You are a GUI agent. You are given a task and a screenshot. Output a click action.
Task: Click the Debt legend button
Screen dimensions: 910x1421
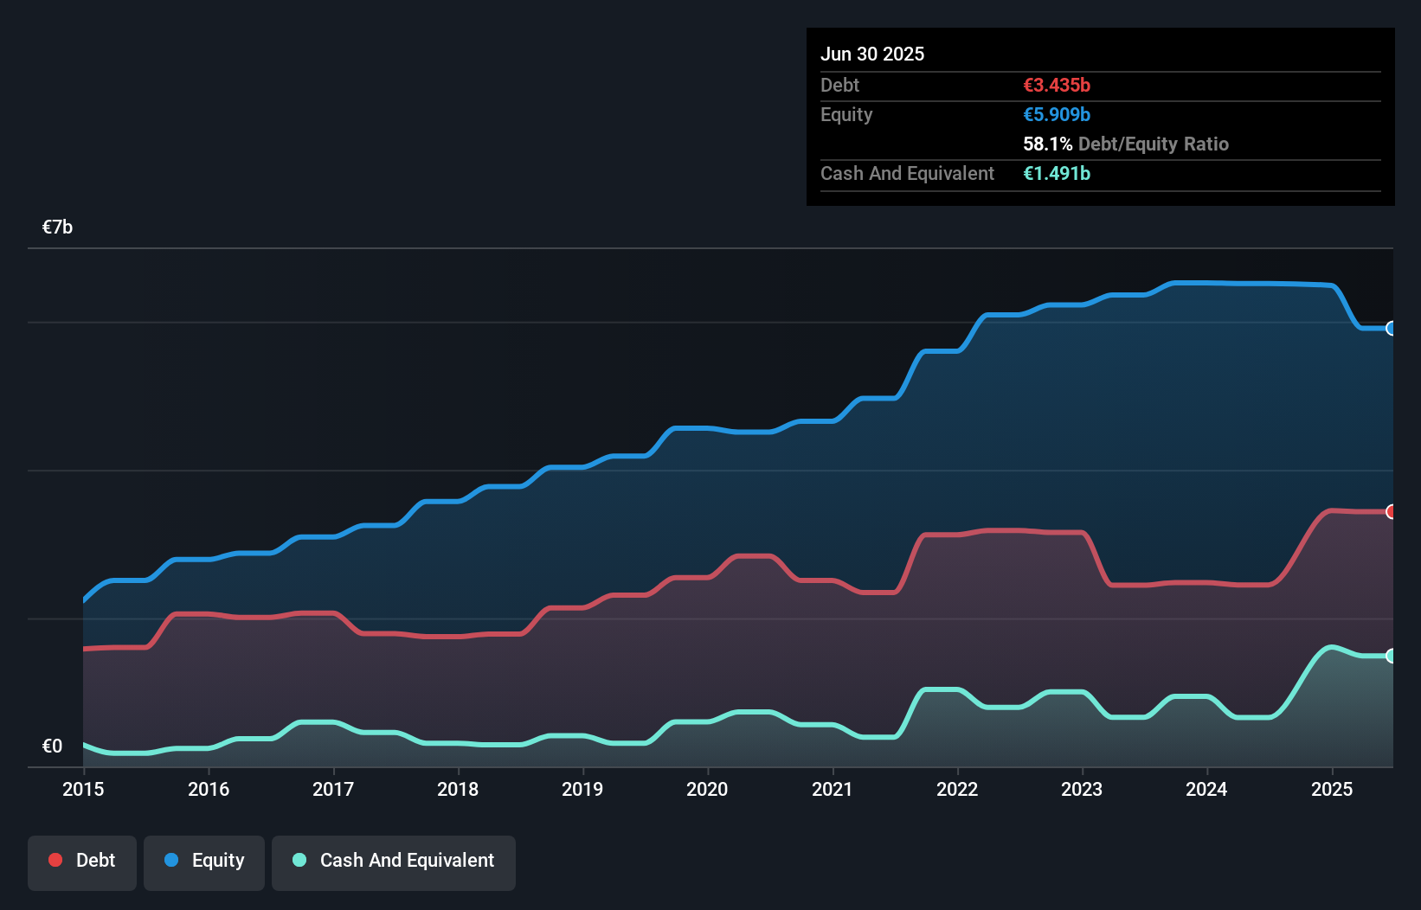pyautogui.click(x=82, y=861)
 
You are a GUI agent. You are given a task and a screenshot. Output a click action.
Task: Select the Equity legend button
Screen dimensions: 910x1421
pyautogui.click(x=204, y=861)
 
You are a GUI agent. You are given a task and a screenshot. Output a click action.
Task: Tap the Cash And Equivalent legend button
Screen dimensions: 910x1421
pyautogui.click(x=394, y=861)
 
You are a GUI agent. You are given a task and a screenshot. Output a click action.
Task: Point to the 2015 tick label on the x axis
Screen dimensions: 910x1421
pyautogui.click(x=83, y=789)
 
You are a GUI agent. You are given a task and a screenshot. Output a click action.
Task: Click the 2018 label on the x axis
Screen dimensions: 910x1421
pyautogui.click(x=458, y=789)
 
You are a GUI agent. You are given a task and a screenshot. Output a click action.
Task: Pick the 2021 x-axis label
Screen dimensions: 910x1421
pyautogui.click(x=832, y=789)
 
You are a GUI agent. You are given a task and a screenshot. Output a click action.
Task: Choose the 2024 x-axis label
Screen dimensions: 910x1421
pyautogui.click(x=1206, y=789)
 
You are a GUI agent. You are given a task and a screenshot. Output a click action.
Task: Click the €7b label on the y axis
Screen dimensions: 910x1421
pyautogui.click(x=58, y=227)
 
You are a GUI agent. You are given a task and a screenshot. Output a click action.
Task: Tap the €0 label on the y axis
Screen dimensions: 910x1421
pyautogui.click(x=53, y=746)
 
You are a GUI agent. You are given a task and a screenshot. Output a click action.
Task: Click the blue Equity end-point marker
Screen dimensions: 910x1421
pyautogui.click(x=1391, y=329)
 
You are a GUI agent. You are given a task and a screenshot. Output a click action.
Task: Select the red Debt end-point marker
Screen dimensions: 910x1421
pyautogui.click(x=1391, y=512)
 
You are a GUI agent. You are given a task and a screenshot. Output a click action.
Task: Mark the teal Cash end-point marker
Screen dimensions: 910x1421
pyautogui.click(x=1391, y=656)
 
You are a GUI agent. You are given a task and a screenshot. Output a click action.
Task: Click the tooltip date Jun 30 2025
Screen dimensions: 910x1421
pyautogui.click(x=872, y=54)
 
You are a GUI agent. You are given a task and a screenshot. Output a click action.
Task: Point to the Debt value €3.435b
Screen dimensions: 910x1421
pyautogui.click(x=1057, y=86)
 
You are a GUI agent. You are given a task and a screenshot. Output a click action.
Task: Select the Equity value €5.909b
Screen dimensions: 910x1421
pyautogui.click(x=1057, y=115)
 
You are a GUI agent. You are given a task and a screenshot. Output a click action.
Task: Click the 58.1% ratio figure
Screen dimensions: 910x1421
pyautogui.click(x=1047, y=144)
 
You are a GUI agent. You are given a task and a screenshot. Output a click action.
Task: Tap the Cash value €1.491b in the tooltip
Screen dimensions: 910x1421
pyautogui.click(x=1057, y=174)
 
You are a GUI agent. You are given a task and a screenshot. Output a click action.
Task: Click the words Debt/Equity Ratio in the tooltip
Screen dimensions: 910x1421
pyautogui.click(x=1154, y=144)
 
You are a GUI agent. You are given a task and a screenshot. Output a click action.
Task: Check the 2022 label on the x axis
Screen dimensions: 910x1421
pyautogui.click(x=957, y=789)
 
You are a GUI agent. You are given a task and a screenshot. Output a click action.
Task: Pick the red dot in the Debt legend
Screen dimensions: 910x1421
pyautogui.click(x=55, y=860)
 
